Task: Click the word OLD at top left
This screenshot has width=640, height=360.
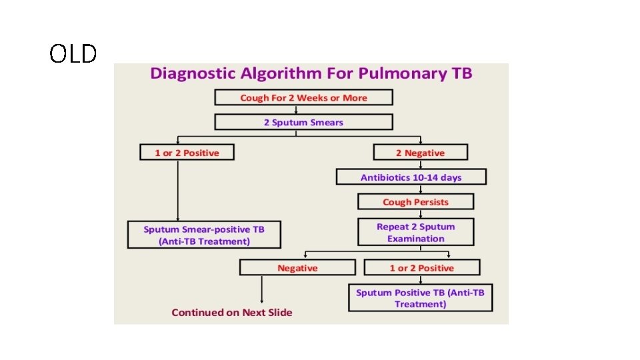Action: point(73,54)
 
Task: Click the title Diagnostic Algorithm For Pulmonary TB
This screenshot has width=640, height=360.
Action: point(311,73)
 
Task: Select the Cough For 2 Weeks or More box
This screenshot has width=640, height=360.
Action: point(303,98)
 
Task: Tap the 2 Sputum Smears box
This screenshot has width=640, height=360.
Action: point(303,122)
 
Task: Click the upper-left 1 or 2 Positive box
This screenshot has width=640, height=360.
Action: point(187,153)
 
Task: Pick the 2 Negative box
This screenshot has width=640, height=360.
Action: point(420,153)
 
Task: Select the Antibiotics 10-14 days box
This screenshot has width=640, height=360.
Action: point(411,177)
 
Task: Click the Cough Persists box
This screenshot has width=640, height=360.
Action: point(415,202)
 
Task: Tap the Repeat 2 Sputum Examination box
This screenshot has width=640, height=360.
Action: point(415,233)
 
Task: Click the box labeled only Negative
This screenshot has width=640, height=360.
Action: point(297,268)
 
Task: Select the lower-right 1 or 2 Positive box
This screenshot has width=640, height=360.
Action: point(421,268)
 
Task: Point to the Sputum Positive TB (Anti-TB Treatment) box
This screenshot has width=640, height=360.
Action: point(420,298)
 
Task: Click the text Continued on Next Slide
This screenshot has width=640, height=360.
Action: point(232,312)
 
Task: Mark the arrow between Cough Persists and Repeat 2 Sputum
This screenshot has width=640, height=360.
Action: point(420,214)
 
